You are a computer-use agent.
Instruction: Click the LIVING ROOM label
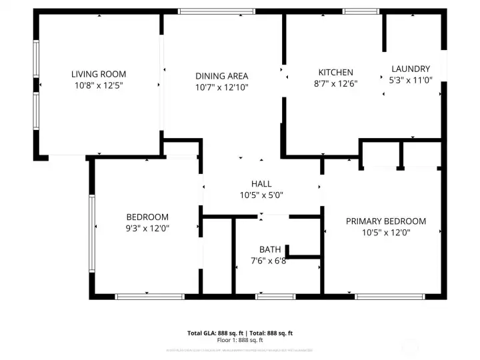(99, 74)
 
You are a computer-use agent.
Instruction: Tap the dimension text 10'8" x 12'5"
(99, 85)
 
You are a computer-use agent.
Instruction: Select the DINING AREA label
(222, 76)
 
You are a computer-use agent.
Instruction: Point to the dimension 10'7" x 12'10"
(222, 87)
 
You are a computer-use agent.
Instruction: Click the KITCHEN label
(335, 73)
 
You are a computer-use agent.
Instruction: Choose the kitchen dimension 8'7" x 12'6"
(335, 84)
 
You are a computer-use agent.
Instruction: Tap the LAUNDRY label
(410, 69)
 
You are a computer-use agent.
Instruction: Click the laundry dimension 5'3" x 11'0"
(410, 80)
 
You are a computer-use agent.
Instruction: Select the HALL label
(261, 183)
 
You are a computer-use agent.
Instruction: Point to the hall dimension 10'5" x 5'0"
(261, 195)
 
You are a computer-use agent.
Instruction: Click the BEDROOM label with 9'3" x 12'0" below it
(147, 217)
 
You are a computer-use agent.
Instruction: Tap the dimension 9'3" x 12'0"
(147, 228)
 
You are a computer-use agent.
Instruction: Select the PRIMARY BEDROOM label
(385, 221)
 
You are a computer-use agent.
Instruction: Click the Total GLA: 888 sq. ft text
(215, 333)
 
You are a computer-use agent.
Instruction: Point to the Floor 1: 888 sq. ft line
(240, 340)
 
